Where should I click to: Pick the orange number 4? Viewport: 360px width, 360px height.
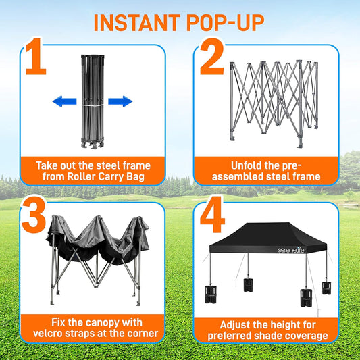tap(211, 217)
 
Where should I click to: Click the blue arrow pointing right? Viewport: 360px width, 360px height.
tap(120, 102)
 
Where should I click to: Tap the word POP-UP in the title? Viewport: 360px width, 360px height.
tap(229, 22)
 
